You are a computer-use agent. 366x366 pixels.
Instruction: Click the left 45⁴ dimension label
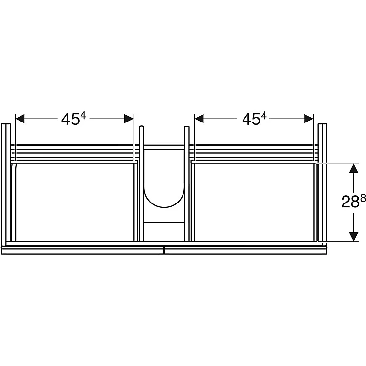click(x=74, y=119)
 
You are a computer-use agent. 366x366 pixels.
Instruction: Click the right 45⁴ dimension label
click(x=254, y=119)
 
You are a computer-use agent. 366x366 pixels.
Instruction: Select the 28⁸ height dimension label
click(x=353, y=201)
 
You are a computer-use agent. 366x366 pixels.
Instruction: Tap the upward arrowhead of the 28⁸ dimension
click(x=354, y=168)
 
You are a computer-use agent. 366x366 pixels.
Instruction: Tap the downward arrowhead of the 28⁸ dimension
click(x=354, y=237)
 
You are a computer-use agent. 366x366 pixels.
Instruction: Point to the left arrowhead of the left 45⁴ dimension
click(x=20, y=119)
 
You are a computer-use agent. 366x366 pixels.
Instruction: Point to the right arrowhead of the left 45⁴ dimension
click(x=129, y=119)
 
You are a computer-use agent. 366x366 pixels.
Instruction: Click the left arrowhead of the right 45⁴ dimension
click(x=199, y=119)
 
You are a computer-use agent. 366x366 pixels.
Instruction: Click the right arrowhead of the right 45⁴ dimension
click(x=308, y=119)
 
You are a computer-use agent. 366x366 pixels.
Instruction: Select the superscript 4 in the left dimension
click(x=83, y=116)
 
